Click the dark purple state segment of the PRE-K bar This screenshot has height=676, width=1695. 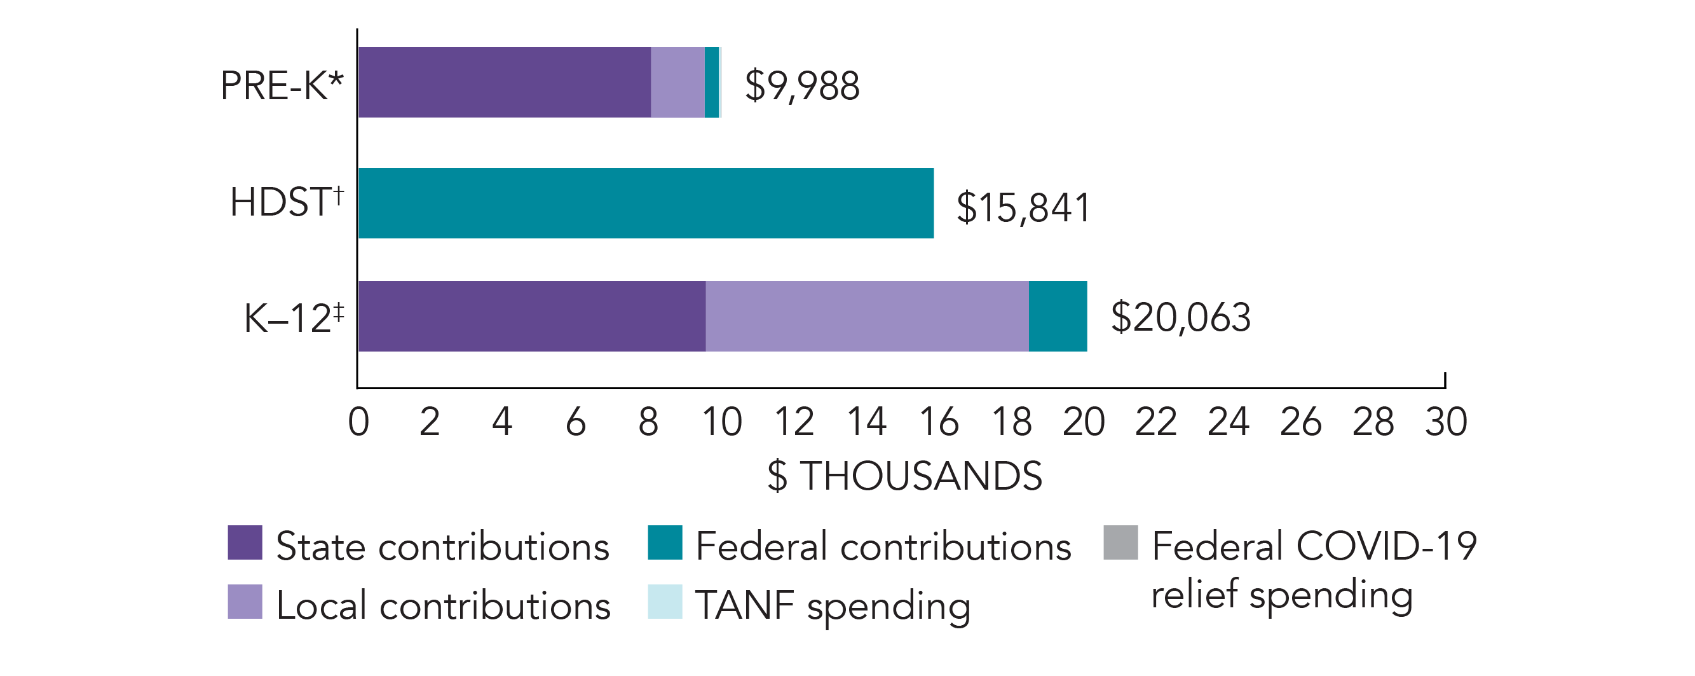coord(504,82)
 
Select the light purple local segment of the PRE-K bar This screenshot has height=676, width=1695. coord(677,82)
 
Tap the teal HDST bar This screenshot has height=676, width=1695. coord(646,203)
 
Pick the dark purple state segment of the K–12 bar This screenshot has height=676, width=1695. coord(532,316)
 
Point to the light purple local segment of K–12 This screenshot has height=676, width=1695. coord(867,316)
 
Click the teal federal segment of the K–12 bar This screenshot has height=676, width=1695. coord(1058,316)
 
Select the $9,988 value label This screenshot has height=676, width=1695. coord(801,86)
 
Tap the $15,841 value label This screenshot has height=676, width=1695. coord(1023,207)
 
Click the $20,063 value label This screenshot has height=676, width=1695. coord(1180,317)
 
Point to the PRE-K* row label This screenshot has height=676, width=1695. coord(282,86)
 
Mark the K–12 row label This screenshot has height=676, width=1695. coord(294,318)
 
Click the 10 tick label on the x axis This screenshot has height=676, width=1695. coord(721,422)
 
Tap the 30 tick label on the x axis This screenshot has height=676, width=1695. coord(1446,422)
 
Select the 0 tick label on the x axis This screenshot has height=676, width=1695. coord(358,422)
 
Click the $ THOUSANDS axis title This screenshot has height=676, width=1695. coord(905,475)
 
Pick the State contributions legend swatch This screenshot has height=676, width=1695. coord(245,542)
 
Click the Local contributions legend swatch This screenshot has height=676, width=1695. coord(245,602)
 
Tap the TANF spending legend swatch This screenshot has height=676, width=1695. coord(665,602)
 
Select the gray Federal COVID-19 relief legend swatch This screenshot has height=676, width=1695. coord(1120,542)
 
